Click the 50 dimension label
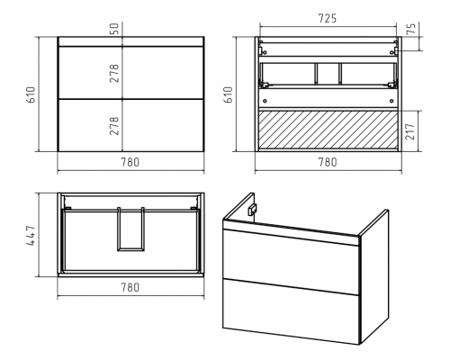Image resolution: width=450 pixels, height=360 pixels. tap(115, 28)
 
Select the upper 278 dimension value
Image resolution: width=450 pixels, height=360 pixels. tap(114, 73)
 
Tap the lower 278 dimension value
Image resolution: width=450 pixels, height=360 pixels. tap(114, 126)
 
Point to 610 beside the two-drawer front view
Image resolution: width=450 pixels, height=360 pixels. tap(31, 94)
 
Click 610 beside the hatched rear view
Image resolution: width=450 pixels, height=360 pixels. tap(229, 94)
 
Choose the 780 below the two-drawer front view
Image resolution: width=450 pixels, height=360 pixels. tap(130, 162)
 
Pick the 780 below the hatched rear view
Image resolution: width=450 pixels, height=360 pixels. tap(328, 162)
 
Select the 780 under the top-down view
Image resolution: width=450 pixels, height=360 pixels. tap(130, 287)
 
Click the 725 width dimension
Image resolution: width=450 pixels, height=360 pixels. tap(328, 19)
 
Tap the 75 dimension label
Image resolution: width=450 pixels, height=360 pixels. tap(413, 28)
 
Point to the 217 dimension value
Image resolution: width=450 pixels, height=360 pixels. tap(410, 131)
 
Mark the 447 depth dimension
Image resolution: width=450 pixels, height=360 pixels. tap(31, 235)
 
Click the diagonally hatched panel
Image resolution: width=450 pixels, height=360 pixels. tap(328, 130)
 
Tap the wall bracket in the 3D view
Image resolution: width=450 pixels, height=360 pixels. tap(251, 210)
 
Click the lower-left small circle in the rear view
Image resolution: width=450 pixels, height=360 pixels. tap(265, 101)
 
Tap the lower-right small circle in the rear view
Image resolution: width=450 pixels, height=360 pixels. tap(391, 101)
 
